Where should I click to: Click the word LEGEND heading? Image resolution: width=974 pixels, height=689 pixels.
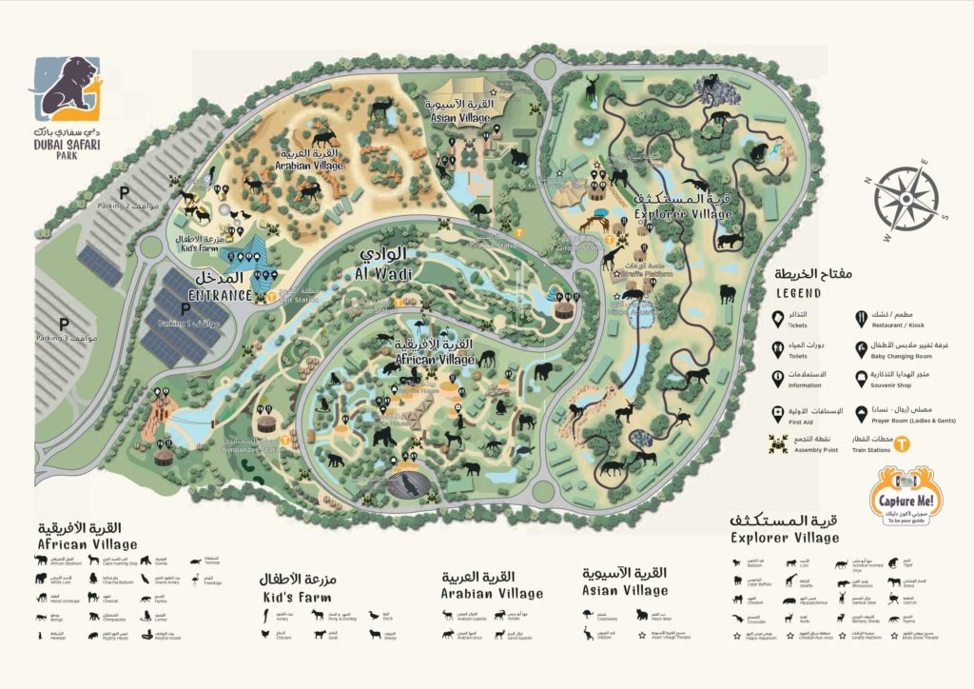pyautogui.click(x=797, y=293)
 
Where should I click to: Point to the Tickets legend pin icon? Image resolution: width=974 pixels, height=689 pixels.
pyautogui.click(x=777, y=318)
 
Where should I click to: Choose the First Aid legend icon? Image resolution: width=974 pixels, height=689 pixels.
pyautogui.click(x=777, y=412)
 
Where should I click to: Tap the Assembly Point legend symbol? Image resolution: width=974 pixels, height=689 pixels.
pyautogui.click(x=777, y=442)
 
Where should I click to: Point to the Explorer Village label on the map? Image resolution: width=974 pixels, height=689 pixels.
pyautogui.click(x=685, y=213)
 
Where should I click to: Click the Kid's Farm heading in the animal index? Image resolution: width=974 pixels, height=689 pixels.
pyautogui.click(x=295, y=597)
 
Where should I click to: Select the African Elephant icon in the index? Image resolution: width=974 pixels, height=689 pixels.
pyautogui.click(x=43, y=561)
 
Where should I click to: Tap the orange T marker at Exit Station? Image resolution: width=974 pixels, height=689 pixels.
pyautogui.click(x=271, y=296)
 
